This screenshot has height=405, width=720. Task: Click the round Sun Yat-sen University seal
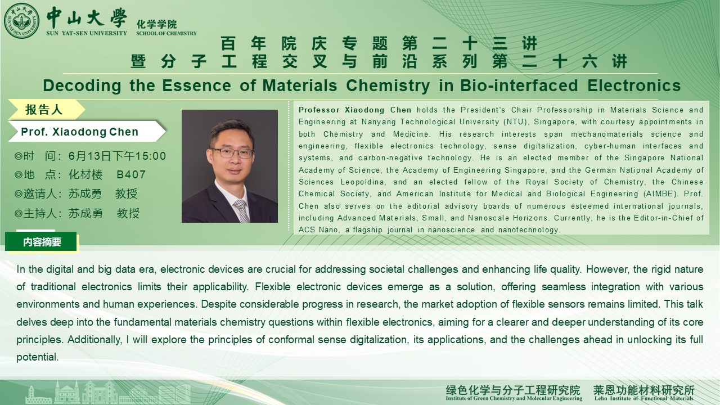click(21, 21)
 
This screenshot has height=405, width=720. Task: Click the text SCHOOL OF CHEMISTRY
click(166, 33)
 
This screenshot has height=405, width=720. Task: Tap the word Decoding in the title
click(82, 86)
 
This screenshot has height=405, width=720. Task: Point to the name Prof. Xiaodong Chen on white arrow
click(80, 132)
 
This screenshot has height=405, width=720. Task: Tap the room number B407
click(131, 174)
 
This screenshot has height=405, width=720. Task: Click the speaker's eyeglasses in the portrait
click(232, 152)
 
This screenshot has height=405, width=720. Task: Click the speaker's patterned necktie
click(242, 210)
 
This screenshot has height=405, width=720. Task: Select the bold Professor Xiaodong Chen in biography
click(355, 110)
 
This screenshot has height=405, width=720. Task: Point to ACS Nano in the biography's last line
click(318, 230)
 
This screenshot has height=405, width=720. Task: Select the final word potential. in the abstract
click(38, 357)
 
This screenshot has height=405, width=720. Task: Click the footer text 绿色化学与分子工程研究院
click(513, 390)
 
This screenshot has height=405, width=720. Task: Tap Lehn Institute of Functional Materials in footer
click(643, 399)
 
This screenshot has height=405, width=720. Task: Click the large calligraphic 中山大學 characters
click(87, 18)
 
